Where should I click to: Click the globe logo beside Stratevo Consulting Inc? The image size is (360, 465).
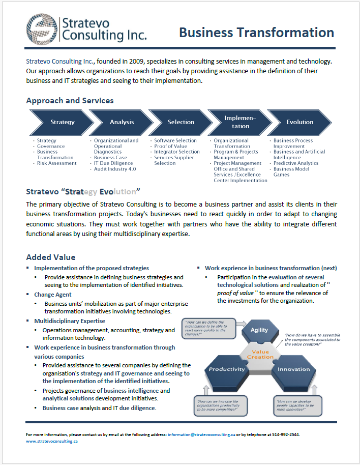(42, 28)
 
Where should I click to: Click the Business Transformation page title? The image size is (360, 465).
(256, 33)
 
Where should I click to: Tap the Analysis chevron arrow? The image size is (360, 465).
(122, 122)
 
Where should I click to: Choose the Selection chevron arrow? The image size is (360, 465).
(181, 122)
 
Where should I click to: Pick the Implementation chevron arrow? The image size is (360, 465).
(240, 122)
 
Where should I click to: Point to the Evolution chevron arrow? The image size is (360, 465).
(299, 122)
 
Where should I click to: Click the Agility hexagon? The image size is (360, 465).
(259, 330)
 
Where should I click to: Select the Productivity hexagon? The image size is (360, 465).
(227, 369)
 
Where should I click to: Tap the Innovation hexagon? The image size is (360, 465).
(294, 369)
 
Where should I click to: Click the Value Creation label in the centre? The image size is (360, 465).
(260, 354)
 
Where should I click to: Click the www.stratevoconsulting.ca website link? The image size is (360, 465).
(52, 442)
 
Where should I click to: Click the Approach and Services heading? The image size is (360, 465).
(70, 101)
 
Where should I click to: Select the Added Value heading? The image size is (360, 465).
(51, 257)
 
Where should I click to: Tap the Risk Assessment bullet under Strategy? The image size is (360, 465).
(57, 163)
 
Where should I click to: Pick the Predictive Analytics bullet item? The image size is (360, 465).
(296, 163)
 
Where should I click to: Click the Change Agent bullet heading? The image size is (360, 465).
(53, 294)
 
